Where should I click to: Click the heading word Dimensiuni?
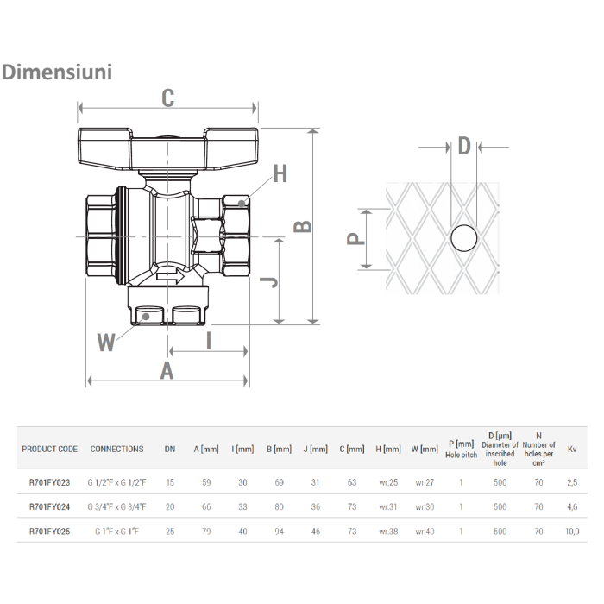point(58,72)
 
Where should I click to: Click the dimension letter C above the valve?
point(168,98)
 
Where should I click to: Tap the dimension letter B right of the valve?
point(303,225)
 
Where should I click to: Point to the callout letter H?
point(279,174)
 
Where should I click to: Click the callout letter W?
point(105,343)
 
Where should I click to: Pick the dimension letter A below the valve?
point(167,370)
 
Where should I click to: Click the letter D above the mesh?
point(464,146)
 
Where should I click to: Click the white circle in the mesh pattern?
point(464,237)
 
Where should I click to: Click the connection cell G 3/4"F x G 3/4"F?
point(117,506)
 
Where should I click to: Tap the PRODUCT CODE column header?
point(50,450)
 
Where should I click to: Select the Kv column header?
point(572,450)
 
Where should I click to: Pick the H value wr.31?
point(389,506)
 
